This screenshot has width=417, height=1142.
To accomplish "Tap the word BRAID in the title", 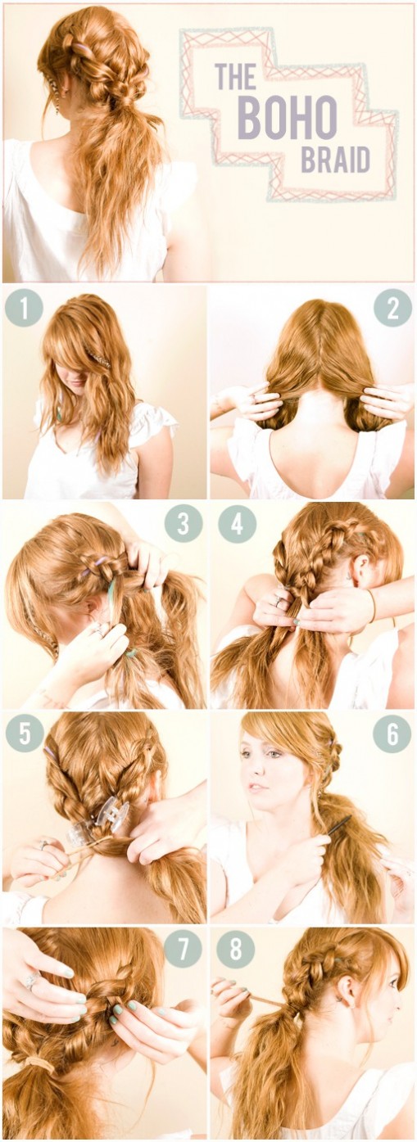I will click(x=335, y=161).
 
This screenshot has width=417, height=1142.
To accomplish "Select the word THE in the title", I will click(x=235, y=77).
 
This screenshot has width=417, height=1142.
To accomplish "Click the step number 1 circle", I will click(x=24, y=309).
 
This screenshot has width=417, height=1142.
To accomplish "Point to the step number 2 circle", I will click(x=392, y=309).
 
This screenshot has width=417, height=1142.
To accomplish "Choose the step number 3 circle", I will click(x=183, y=523).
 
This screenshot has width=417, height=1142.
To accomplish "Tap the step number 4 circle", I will click(x=237, y=523).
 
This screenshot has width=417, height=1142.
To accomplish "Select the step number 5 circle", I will click(x=24, y=733).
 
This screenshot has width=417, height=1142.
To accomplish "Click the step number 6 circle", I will click(x=392, y=733).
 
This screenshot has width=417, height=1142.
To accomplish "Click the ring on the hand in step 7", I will click(x=32, y=981).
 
